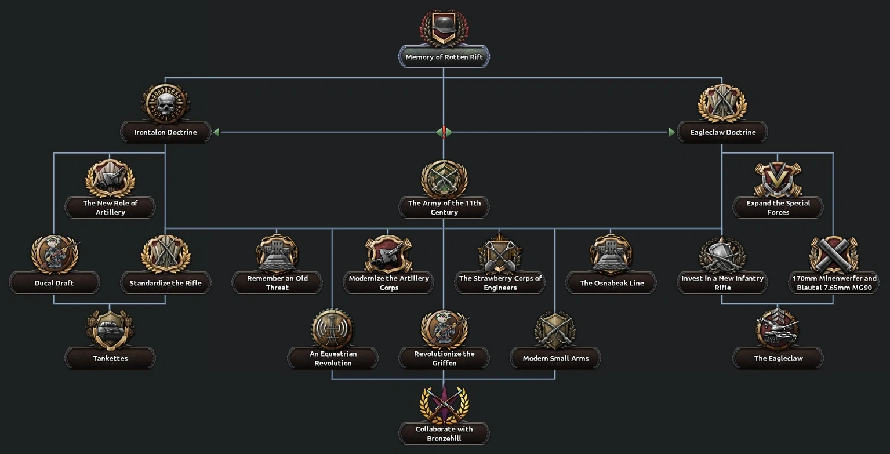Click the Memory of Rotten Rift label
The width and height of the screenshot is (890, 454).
[444, 57]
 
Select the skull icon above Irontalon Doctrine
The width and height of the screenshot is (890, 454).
[165, 104]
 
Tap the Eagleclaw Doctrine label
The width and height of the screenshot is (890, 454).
[722, 132]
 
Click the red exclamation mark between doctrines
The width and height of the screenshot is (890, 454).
[444, 132]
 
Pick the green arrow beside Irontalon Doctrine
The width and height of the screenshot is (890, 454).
[216, 132]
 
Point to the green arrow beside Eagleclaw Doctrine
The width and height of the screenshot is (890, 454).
[671, 132]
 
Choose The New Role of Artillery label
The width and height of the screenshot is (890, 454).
[110, 208]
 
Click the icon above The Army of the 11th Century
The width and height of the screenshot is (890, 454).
[444, 179]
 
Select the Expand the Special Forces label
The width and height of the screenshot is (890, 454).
[778, 208]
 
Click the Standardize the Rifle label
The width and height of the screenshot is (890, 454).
[166, 283]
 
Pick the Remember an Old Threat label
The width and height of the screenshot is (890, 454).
[277, 283]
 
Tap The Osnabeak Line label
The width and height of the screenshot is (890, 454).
[611, 283]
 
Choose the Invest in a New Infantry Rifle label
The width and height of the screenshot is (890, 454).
[722, 283]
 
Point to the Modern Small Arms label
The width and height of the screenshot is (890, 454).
[555, 358]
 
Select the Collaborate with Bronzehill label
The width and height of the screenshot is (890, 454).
[444, 434]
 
